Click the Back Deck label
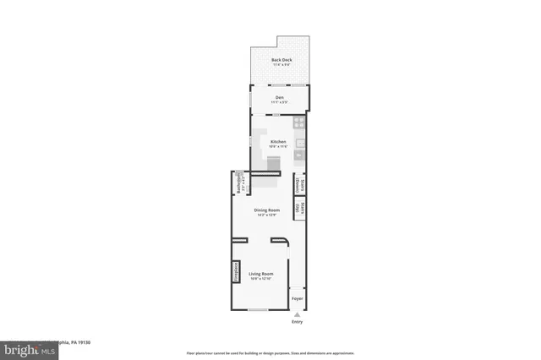point(281,61)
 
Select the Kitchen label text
point(278,141)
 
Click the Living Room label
point(261,274)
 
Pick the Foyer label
point(297,299)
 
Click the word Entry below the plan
point(297,321)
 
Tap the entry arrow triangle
point(297,314)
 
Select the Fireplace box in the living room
point(237,274)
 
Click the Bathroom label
point(239,183)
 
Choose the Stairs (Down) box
point(298,184)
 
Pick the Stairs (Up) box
point(298,208)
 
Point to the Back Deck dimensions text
point(281,66)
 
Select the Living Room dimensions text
point(261,279)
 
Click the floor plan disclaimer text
point(270,352)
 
